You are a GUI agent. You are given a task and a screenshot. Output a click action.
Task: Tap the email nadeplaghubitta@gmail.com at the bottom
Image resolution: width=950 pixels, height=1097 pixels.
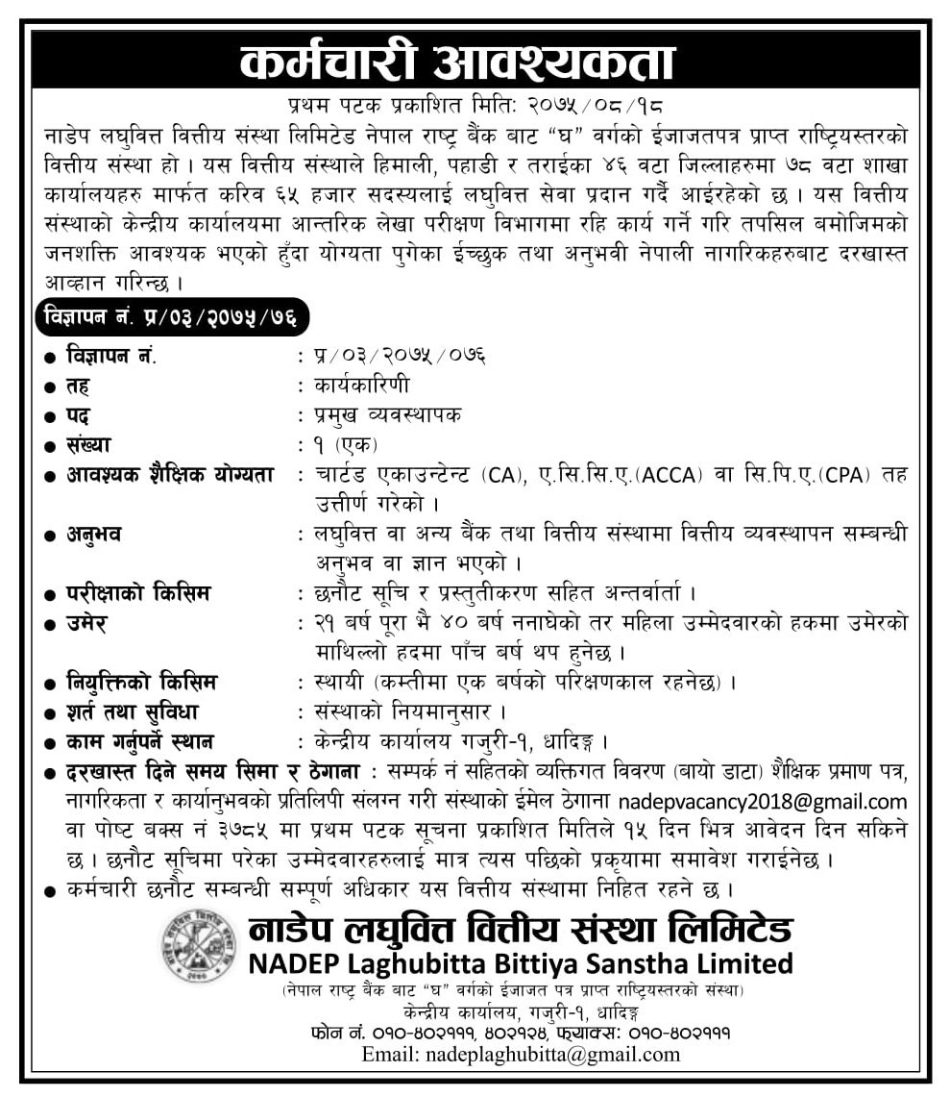coord(521,1054)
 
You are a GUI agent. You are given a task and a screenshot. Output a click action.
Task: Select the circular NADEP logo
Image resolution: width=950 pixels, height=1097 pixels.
coord(199,945)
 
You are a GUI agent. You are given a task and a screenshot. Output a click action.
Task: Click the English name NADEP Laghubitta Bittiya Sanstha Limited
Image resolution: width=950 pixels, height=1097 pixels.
coord(521,962)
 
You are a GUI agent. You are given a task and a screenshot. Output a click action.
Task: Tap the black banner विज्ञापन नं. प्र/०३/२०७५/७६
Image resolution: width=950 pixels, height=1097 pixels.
coord(174,316)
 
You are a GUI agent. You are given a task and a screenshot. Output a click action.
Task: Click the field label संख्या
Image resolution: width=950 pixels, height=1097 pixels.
coord(88,444)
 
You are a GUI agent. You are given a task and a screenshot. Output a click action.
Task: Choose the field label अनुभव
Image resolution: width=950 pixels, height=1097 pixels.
coord(94,534)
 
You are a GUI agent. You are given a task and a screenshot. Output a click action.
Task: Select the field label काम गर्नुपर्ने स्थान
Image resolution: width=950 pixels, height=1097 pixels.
coord(140,741)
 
